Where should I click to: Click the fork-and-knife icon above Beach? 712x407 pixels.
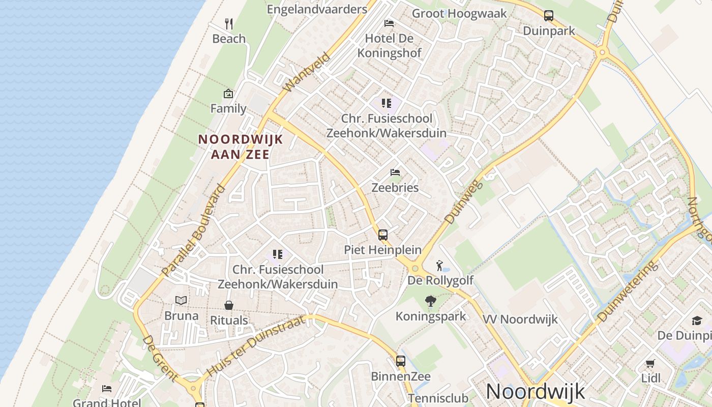click(x=229, y=23)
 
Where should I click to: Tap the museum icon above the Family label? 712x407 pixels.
click(x=228, y=94)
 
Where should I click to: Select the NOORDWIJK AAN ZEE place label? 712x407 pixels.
click(x=240, y=147)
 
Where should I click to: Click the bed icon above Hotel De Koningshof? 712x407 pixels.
click(x=389, y=23)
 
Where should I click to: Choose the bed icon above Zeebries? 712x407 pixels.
click(x=395, y=172)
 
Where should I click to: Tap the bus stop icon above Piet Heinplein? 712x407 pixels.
click(x=383, y=235)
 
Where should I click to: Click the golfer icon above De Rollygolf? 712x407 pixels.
click(x=440, y=265)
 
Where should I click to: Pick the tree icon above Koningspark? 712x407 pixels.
click(x=431, y=301)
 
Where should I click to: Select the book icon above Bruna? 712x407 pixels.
click(x=181, y=300)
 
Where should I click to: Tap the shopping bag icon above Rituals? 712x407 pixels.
click(x=229, y=305)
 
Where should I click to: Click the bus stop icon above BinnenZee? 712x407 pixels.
click(x=401, y=361)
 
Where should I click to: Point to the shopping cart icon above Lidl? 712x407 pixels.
click(x=650, y=363)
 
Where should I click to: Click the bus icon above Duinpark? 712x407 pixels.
click(x=549, y=16)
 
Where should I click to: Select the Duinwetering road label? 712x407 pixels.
click(x=625, y=292)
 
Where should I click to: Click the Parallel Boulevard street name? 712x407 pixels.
click(x=194, y=230)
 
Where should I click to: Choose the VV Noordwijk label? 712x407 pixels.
click(x=520, y=319)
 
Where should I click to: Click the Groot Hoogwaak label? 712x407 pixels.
click(x=459, y=13)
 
